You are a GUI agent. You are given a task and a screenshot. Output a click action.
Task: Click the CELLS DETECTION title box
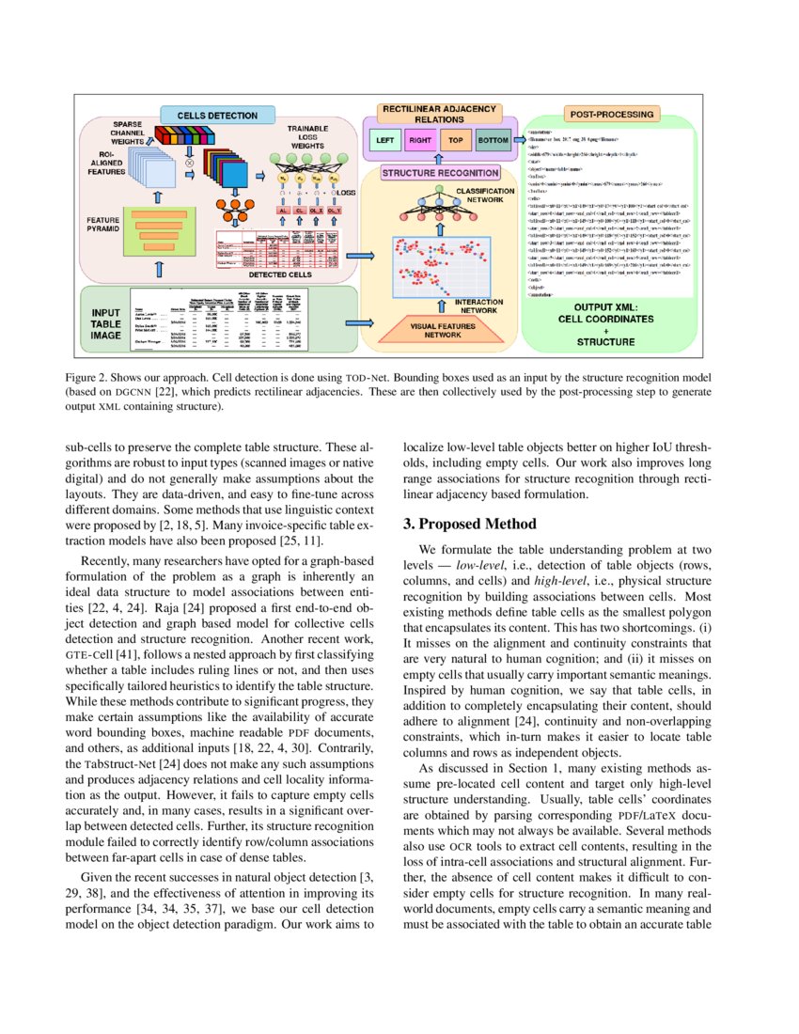click(x=218, y=116)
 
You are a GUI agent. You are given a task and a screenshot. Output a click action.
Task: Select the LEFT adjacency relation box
click(x=384, y=141)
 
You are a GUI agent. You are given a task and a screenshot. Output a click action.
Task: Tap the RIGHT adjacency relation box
click(x=420, y=141)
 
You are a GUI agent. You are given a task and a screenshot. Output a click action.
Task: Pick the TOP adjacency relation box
click(x=456, y=141)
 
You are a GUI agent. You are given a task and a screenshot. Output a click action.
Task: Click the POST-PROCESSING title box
click(x=610, y=115)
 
